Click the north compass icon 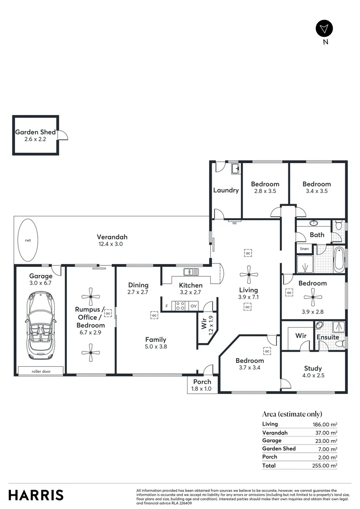324,29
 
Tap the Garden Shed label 35,132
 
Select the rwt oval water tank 28,240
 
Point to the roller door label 40,371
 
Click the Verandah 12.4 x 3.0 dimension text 112,244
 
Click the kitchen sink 191,272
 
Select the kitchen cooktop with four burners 180,306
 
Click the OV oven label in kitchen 193,306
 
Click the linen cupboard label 304,248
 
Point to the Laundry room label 226,190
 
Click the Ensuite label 328,337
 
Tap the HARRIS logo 36,495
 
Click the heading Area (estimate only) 292,414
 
